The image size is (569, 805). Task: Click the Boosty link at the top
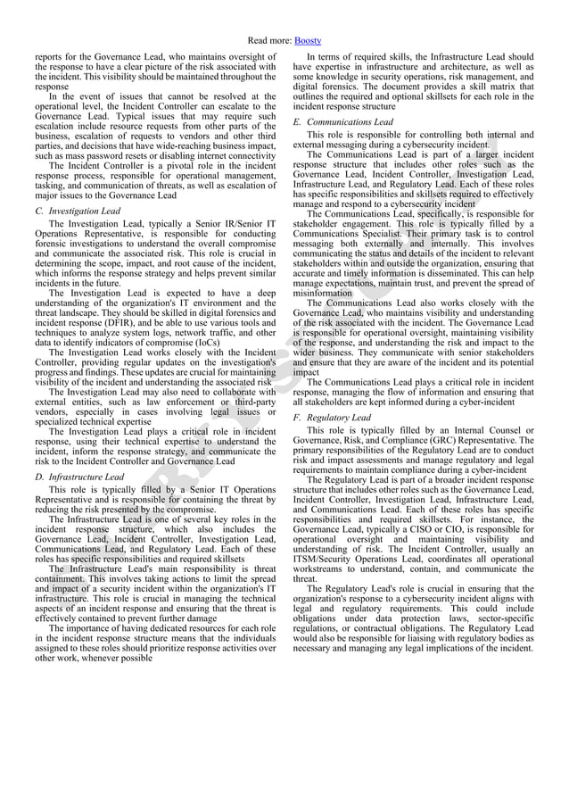pos(309,41)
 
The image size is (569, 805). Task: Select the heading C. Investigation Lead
pos(78,211)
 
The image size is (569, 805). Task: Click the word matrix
pos(517,84)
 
